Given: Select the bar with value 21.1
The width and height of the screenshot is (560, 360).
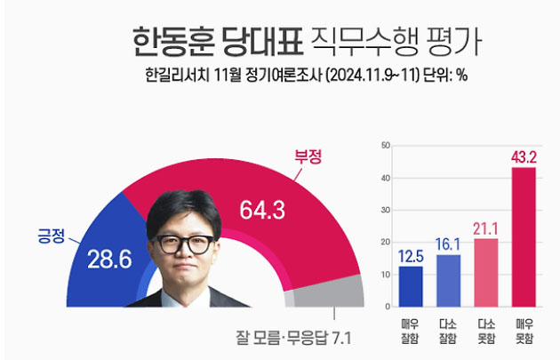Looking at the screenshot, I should pos(486,271).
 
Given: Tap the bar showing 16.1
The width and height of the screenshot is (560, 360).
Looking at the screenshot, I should pos(449,279).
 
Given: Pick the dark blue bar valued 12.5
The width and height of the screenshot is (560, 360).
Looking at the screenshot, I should pos(410,284).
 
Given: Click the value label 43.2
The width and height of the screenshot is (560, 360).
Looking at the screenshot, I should pos(524,156).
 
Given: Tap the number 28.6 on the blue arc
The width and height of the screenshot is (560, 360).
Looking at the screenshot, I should pos(105,259).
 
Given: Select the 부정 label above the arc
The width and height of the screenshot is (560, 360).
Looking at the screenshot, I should pos(308,156).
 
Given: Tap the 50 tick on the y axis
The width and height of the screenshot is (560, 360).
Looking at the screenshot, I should pos(385,144).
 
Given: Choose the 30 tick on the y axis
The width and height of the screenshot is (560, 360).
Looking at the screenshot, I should pos(385,210).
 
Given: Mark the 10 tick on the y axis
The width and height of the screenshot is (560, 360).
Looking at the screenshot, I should pos(385,275).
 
